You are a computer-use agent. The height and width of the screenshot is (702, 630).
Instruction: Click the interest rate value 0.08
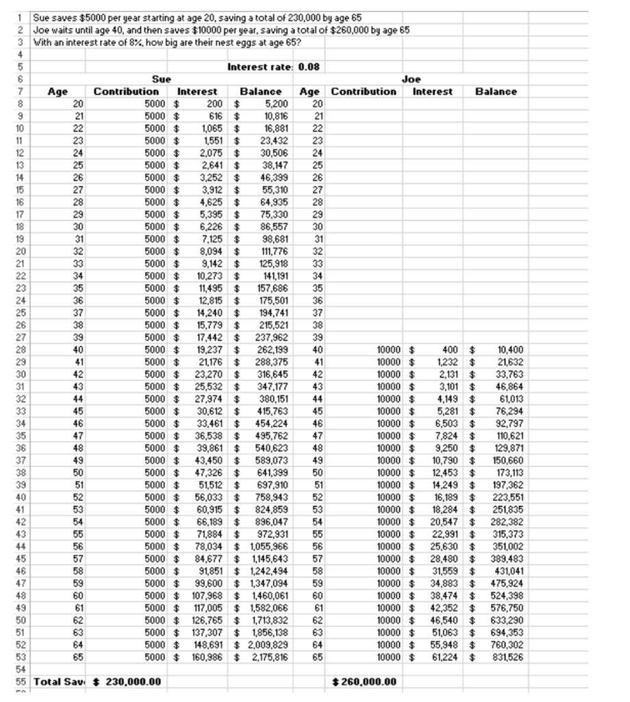(309, 67)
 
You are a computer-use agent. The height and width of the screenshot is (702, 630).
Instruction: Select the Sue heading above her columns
(162, 80)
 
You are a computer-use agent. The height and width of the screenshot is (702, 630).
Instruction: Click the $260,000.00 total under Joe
(364, 681)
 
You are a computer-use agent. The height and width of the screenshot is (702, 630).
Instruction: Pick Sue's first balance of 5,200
(276, 104)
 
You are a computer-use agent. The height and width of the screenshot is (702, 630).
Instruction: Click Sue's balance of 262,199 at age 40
(271, 350)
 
